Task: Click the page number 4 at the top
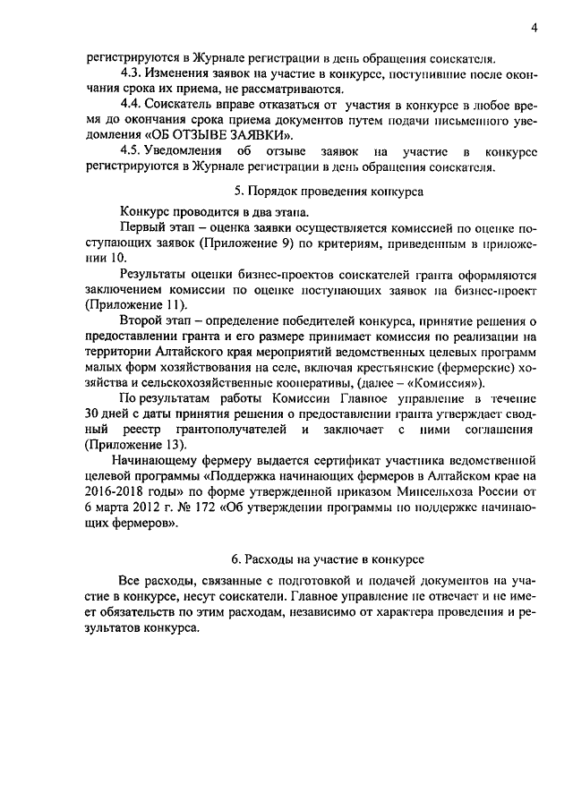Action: pos(533,28)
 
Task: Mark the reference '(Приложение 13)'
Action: pos(135,445)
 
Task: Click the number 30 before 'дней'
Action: pos(94,414)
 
